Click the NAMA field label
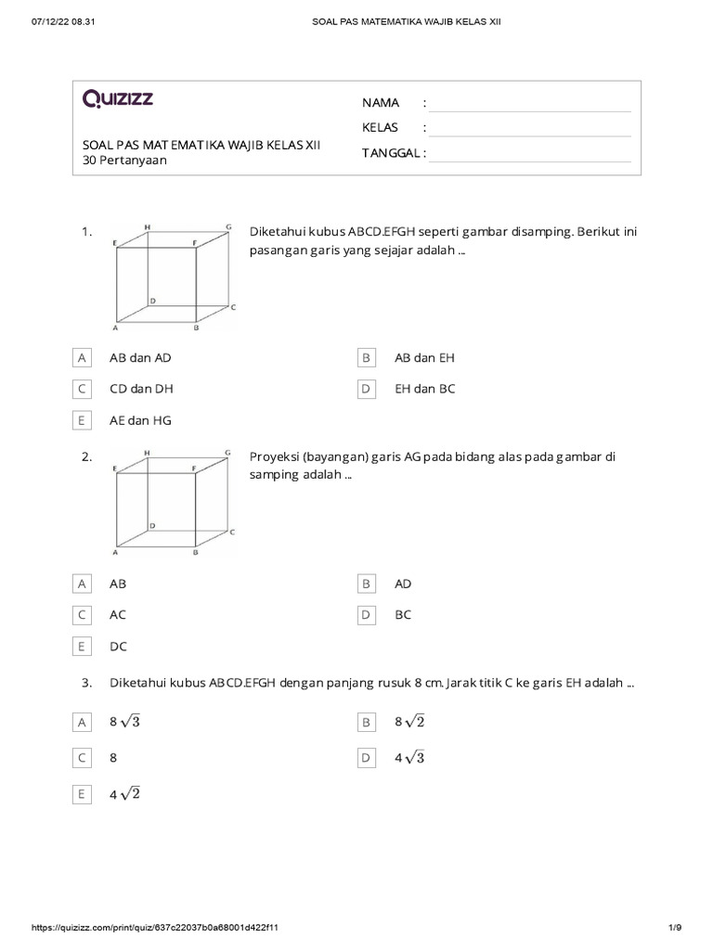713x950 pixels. (381, 102)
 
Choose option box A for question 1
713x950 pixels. (83, 358)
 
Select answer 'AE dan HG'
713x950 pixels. (140, 420)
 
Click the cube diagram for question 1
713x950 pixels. (172, 276)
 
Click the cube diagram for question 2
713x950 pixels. (172, 502)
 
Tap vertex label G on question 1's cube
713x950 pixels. (228, 226)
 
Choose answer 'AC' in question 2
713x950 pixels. (118, 614)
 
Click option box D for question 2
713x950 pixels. (367, 614)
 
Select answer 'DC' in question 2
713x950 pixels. (118, 646)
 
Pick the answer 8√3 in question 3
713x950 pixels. (129, 722)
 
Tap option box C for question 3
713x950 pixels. (83, 758)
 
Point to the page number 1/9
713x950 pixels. (674, 928)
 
